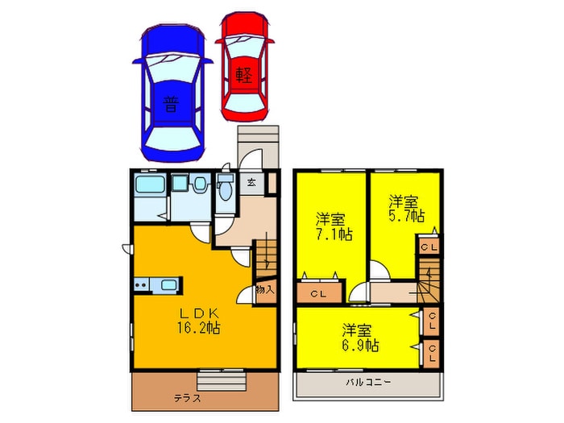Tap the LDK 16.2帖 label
point(197,320)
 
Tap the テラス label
point(187,399)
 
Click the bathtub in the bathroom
point(149,187)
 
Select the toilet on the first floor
point(225,189)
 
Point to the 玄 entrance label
point(251,182)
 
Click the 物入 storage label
point(264,289)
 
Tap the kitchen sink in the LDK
point(169,284)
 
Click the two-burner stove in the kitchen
point(143,284)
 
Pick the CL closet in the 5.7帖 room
point(428,247)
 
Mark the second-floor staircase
point(428,279)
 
